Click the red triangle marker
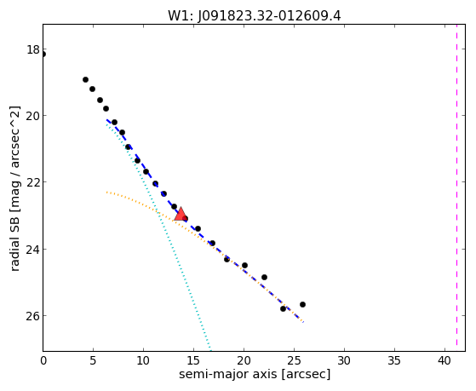coord(181,214)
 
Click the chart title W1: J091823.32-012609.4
coord(255,16)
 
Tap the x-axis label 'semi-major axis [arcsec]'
coord(255,374)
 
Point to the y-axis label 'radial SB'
coord(14,242)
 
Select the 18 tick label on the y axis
coord(33,49)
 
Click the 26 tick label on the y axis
coord(33,316)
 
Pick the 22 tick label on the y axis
coord(33,182)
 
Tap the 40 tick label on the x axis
coord(444,360)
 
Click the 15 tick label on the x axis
coord(193,360)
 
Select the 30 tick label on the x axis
coord(344,360)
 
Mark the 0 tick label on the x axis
coord(43,360)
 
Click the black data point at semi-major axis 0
coord(43,55)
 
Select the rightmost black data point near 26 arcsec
coord(302,304)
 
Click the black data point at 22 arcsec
coord(264,277)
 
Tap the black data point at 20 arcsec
coord(244,265)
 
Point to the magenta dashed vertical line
coord(456,187)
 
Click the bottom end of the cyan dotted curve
coord(210,350)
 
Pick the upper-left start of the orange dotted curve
coord(107,193)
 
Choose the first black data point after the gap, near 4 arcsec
coord(86,79)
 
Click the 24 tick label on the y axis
coord(33,249)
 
